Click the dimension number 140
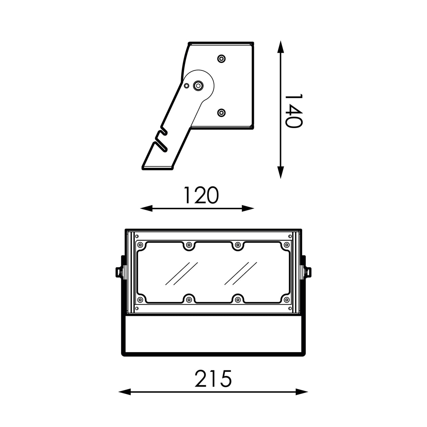pos(293,111)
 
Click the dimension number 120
pos(201,196)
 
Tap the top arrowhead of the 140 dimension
pos(280,46)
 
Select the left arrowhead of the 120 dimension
pos(146,209)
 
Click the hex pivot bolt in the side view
pos(199,85)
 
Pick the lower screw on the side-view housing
pos(221,113)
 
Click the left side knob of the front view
pos(119,272)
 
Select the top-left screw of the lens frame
pos(140,245)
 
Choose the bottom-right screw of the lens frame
pos(287,300)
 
